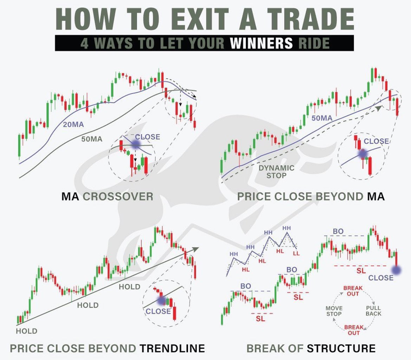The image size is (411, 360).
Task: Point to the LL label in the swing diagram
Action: (x=296, y=253)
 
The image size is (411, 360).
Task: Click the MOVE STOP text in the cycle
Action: (x=334, y=311)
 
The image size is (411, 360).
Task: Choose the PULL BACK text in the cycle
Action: (x=373, y=311)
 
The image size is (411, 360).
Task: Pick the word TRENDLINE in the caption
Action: (x=172, y=348)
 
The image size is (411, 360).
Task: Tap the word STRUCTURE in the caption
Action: (x=341, y=348)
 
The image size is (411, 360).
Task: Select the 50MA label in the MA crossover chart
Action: (x=92, y=139)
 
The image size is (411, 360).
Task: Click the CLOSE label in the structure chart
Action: (x=381, y=278)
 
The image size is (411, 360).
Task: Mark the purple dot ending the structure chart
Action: (x=397, y=270)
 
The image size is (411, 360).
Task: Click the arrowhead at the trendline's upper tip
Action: (x=196, y=249)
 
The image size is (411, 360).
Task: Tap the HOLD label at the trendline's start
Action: (x=27, y=331)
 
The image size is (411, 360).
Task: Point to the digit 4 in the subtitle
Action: (x=84, y=43)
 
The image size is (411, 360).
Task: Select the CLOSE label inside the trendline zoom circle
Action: (x=158, y=311)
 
